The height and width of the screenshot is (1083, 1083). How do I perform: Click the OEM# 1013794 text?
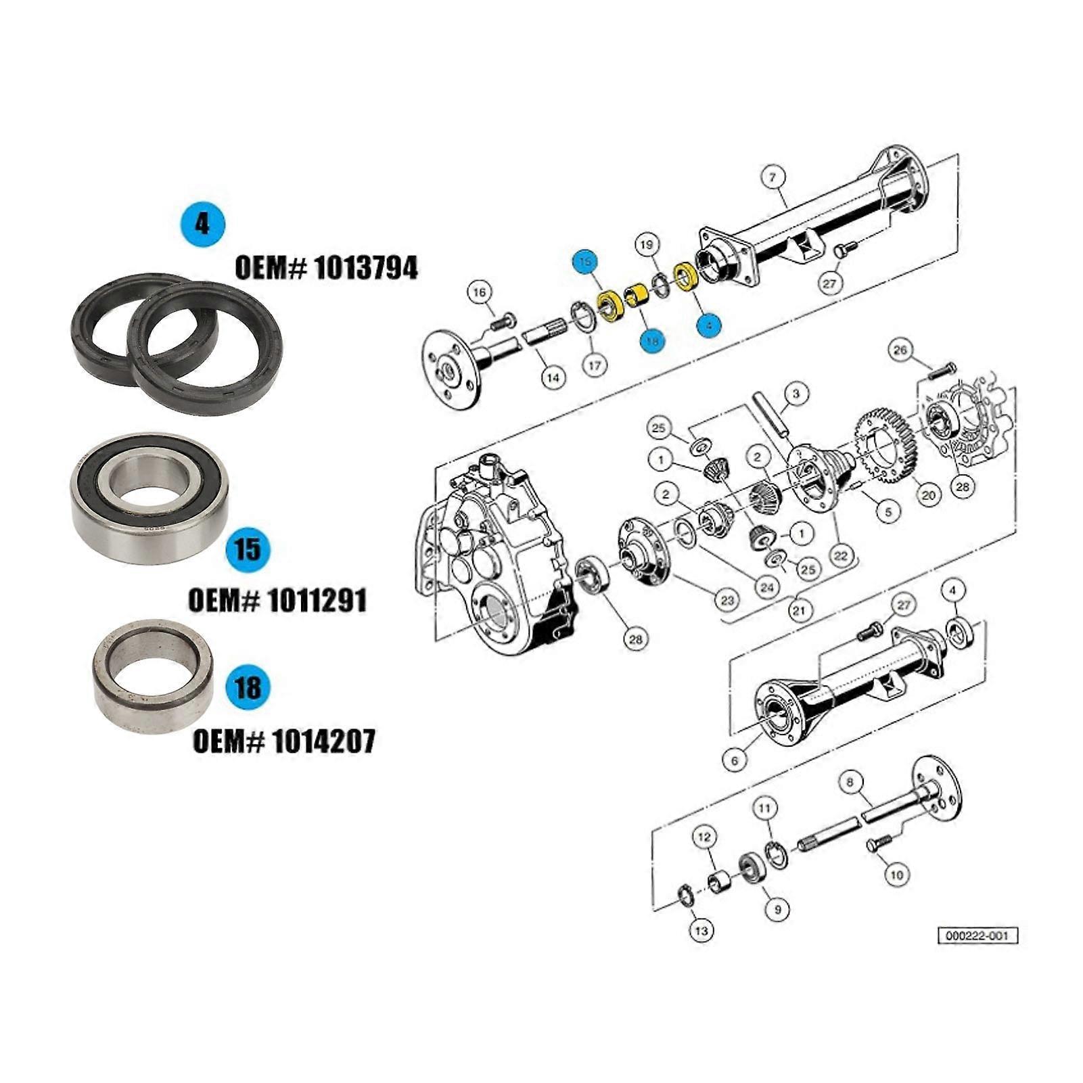click(326, 269)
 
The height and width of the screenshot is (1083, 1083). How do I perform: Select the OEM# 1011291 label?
click(277, 600)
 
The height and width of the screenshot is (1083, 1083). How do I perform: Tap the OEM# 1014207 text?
click(283, 742)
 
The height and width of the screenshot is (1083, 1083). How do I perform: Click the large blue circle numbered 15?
click(248, 549)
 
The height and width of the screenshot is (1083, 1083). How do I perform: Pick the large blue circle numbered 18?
click(248, 687)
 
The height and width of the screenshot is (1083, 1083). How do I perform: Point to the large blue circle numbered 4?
click(203, 223)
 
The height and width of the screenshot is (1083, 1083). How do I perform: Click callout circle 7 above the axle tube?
click(773, 178)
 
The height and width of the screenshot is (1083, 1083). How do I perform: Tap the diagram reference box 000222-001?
click(977, 936)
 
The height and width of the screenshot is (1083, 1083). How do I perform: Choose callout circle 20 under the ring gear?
click(928, 495)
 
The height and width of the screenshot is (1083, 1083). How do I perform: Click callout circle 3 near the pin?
click(796, 394)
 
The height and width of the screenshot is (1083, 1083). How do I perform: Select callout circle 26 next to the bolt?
click(900, 350)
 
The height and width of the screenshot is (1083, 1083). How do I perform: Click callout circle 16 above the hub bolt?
click(479, 293)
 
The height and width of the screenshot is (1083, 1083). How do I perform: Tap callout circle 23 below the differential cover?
click(727, 600)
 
